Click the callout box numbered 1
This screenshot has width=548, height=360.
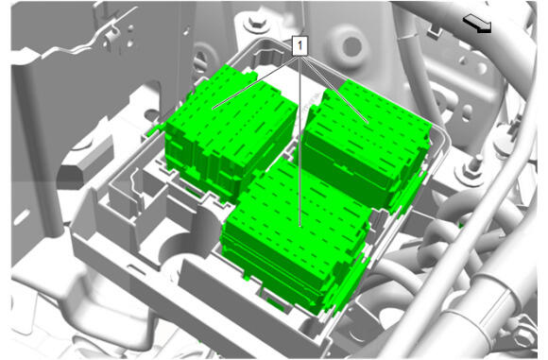click(300, 45)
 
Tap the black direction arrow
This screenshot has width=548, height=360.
click(477, 24)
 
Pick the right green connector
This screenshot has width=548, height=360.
click(366, 144)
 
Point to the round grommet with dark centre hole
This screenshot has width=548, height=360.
click(351, 45)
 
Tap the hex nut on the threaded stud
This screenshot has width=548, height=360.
click(471, 171)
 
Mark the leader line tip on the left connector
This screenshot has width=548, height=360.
click(213, 109)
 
